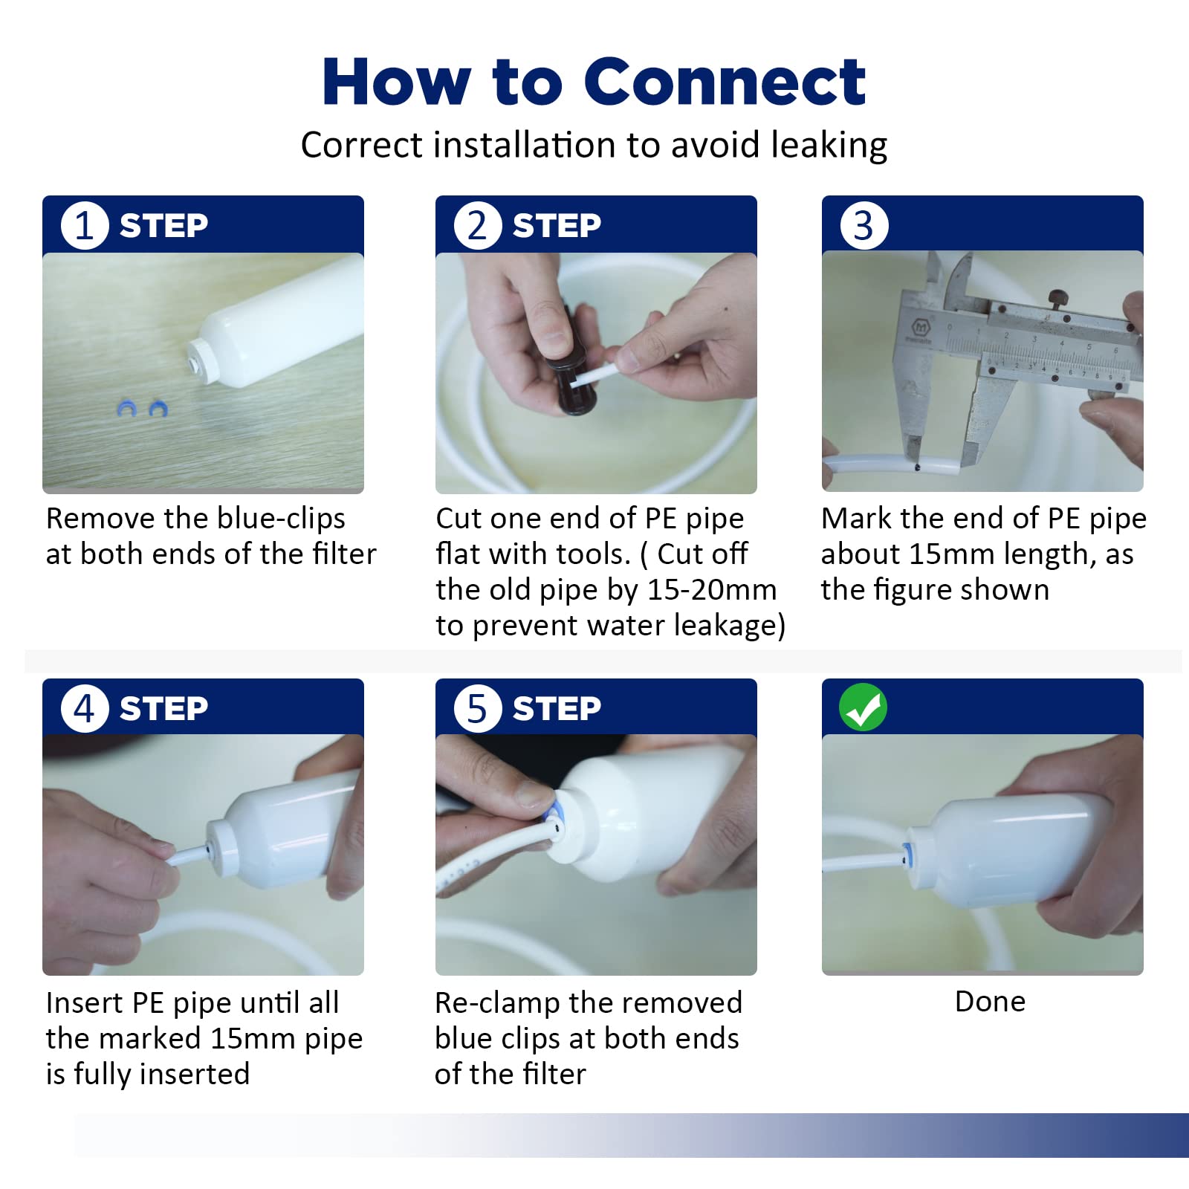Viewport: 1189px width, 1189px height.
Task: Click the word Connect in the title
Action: coord(725,82)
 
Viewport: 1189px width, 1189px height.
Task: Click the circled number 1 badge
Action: coord(85,225)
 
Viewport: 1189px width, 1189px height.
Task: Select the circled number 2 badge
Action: coord(478,225)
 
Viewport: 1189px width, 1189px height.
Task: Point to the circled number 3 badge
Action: coord(864,225)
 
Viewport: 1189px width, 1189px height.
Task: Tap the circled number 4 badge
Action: coord(85,708)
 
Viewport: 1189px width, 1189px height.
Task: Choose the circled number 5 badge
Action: coord(478,708)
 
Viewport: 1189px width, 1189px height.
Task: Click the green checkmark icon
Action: coord(863,707)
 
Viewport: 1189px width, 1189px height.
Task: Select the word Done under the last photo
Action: coord(990,1002)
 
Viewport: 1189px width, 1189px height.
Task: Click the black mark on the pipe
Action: coord(918,468)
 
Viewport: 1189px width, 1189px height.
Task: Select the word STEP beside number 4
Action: coord(164,708)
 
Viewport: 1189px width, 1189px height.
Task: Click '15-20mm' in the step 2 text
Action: coord(712,590)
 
